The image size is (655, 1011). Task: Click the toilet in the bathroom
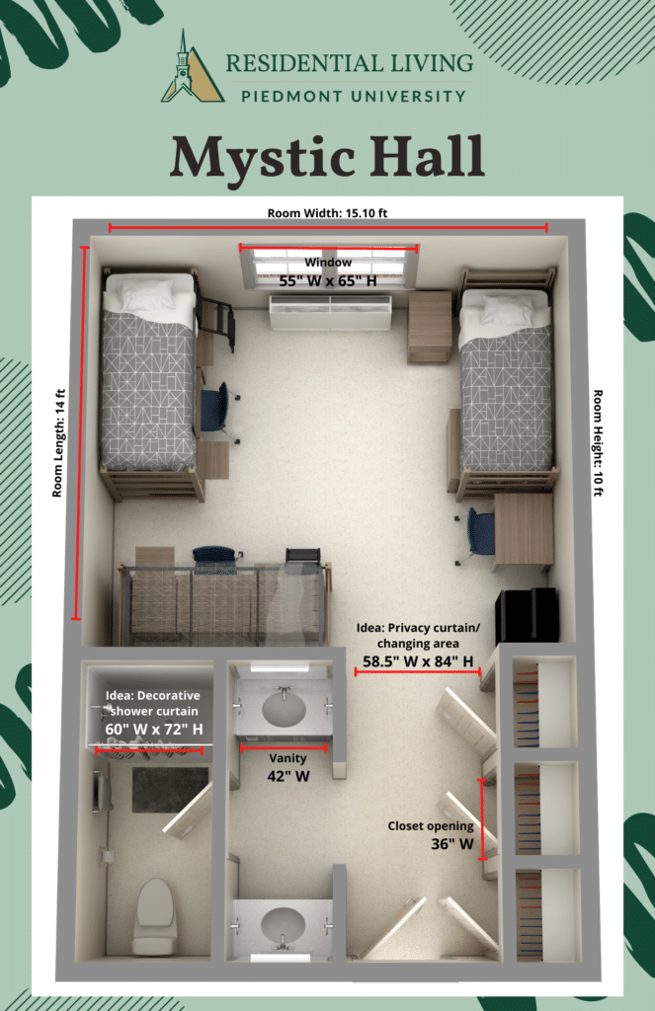coord(154,915)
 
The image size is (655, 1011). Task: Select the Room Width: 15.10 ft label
coord(327,213)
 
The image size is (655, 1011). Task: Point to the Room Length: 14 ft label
coord(58,443)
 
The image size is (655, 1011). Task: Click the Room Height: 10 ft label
coord(598,443)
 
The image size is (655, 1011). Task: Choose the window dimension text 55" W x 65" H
coord(328,281)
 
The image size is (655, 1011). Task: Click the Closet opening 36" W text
coord(431,835)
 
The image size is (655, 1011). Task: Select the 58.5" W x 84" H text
coord(418,661)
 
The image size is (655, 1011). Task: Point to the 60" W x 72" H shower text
coord(154,730)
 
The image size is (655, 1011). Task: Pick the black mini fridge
coord(527,616)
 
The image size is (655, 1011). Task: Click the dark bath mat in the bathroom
coord(170,790)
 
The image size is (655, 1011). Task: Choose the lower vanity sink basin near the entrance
coord(283,924)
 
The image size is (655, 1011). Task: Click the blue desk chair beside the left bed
coord(216,408)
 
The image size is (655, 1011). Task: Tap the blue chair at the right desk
coord(476,533)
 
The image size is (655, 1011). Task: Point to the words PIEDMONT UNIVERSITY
coord(354,97)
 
